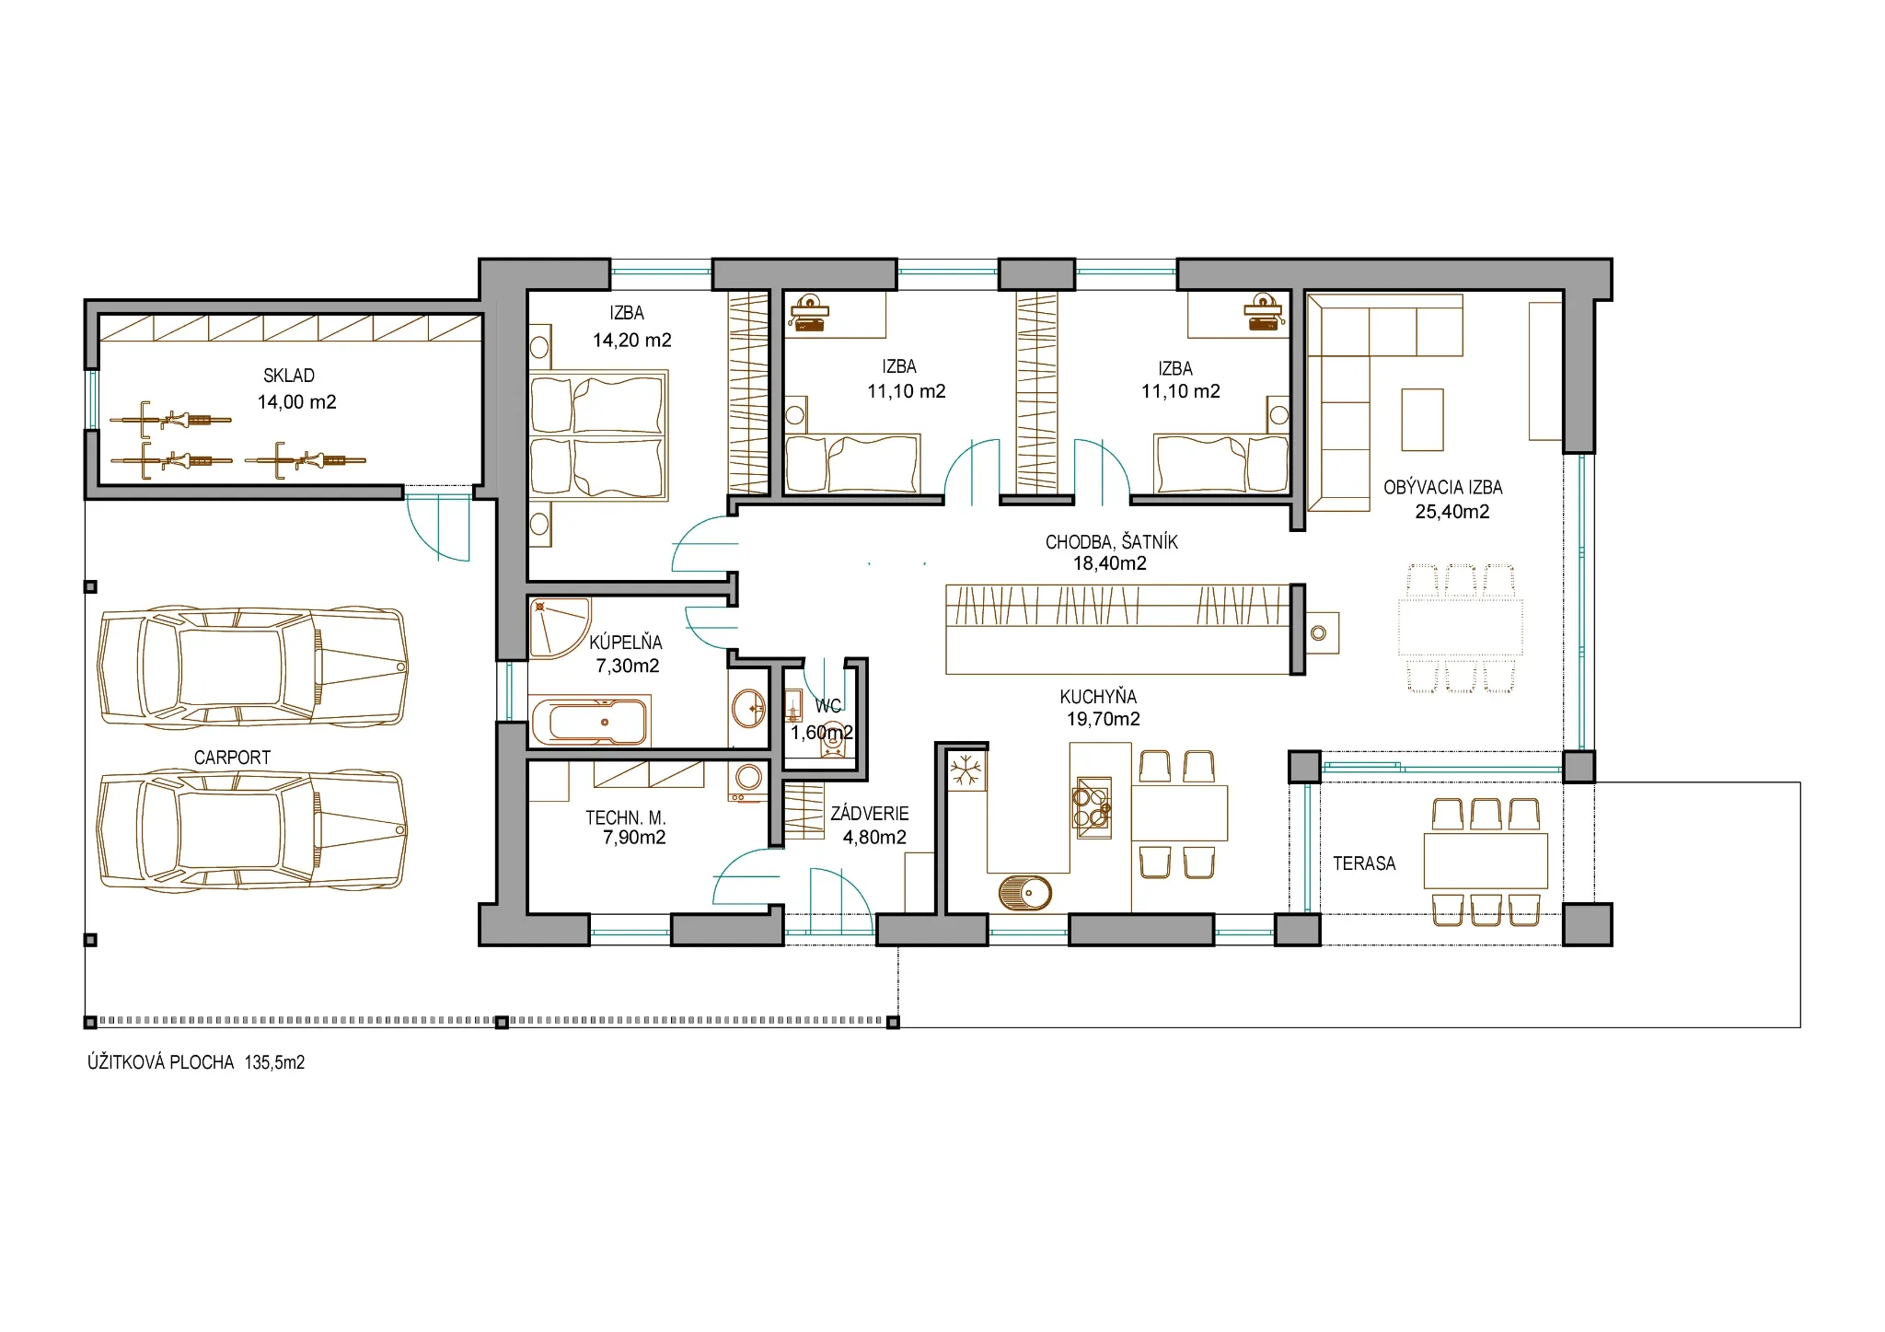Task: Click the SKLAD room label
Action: click(289, 376)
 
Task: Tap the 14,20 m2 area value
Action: click(632, 341)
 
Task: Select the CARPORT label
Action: click(232, 758)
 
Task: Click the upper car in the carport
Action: click(252, 667)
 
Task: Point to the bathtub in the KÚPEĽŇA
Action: click(590, 721)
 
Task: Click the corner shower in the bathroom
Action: click(557, 628)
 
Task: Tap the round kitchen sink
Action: click(1025, 893)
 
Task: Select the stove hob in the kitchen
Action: click(1093, 807)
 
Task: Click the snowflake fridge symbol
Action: click(966, 770)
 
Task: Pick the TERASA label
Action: click(1364, 863)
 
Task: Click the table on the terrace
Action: click(1486, 861)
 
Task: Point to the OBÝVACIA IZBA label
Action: click(1443, 488)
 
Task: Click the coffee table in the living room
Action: click(1422, 420)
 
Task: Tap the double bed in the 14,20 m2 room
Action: click(598, 435)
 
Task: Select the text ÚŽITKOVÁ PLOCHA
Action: click(161, 1062)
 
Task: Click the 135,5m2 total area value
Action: click(274, 1062)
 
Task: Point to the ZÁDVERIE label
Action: click(870, 814)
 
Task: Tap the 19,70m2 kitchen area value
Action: click(1104, 719)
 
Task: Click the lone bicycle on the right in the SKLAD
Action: click(306, 459)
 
